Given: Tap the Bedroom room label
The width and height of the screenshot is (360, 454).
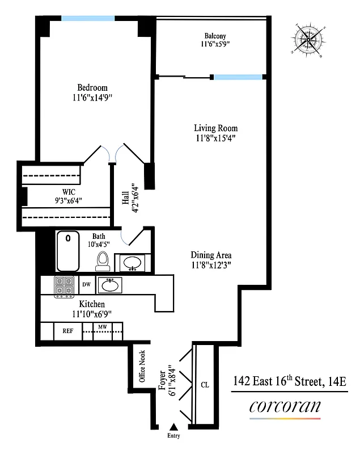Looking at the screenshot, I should [x=92, y=87].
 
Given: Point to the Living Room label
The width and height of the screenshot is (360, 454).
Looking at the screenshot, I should [x=215, y=128].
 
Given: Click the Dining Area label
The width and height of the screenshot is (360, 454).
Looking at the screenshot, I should [x=211, y=255].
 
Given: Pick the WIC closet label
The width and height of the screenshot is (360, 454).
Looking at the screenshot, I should [x=69, y=192].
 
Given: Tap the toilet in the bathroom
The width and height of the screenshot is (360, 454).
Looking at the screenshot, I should [x=102, y=260].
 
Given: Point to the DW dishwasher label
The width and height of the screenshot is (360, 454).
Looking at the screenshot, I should [x=87, y=284].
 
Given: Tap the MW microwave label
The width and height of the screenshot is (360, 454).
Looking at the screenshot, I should [x=103, y=327].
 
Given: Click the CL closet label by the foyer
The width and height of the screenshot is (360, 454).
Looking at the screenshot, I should [x=204, y=385].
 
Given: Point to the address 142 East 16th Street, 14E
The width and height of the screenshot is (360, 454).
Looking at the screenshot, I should [x=290, y=381].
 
